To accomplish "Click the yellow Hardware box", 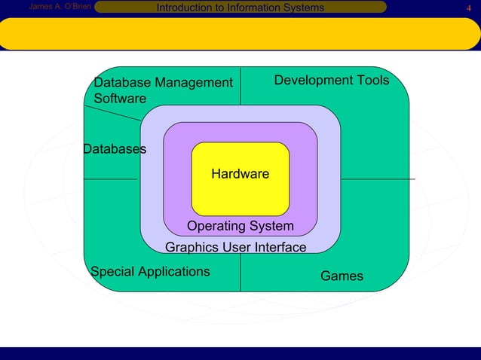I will (x=240, y=178).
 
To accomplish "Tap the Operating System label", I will (x=240, y=227).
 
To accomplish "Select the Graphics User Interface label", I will (x=235, y=248).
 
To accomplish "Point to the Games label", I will (x=342, y=276).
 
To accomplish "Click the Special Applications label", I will (x=150, y=271).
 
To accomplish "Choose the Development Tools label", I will (x=331, y=80).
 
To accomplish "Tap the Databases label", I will (x=115, y=149).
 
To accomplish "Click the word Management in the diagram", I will (x=194, y=82).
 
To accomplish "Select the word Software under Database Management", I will (x=120, y=99).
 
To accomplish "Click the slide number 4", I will (x=468, y=8).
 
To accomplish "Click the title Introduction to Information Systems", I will (x=240, y=8).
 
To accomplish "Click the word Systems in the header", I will (x=303, y=8).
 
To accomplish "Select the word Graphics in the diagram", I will (x=189, y=248).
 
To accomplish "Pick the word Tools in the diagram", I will (x=372, y=80).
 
